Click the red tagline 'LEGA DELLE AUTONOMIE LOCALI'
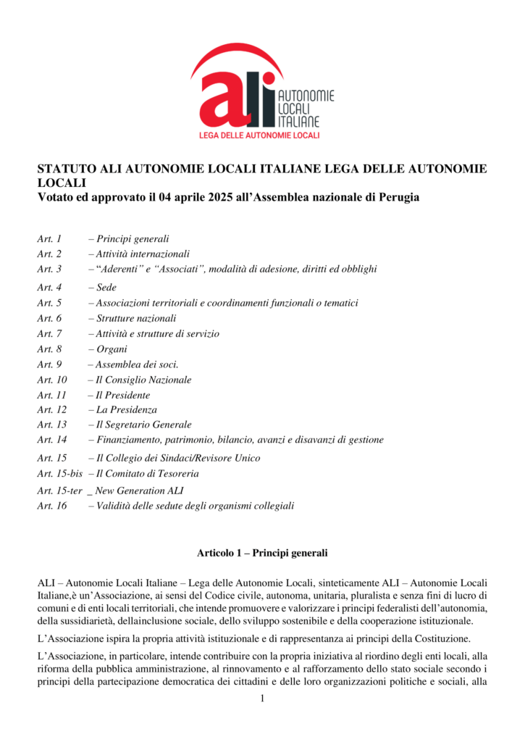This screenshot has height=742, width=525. point(260,136)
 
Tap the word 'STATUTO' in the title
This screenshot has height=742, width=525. point(66,169)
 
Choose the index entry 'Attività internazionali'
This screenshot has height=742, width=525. point(143,254)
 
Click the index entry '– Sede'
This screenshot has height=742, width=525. point(103,288)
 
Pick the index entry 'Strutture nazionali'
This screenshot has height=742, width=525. point(136,318)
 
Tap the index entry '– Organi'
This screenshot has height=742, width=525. point(108,349)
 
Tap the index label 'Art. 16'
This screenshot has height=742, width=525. point(51,506)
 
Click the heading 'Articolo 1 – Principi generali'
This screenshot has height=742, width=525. point(262,554)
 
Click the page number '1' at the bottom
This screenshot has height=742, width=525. point(263,698)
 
